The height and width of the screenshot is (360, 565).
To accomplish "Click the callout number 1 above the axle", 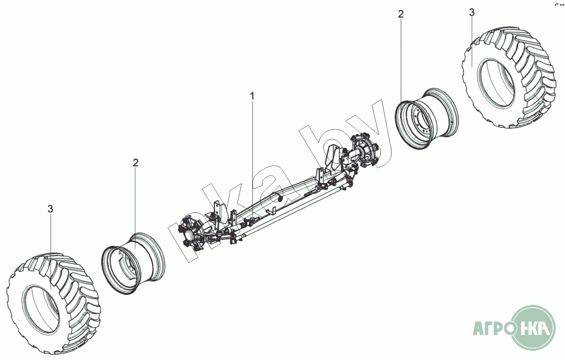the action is click(252, 96).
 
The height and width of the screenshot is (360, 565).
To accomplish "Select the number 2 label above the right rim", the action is click(401, 14).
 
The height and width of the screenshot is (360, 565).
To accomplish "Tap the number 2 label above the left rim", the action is click(136, 163).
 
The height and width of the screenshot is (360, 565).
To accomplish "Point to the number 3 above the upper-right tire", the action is click(472, 12).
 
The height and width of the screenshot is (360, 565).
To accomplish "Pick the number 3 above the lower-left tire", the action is click(50, 209).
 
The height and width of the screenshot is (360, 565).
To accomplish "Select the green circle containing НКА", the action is click(536, 329).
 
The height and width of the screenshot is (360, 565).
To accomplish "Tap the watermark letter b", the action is click(324, 153).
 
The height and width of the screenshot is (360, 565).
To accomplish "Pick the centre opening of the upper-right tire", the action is click(497, 83).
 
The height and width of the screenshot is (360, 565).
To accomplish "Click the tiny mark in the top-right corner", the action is click(559, 5).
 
